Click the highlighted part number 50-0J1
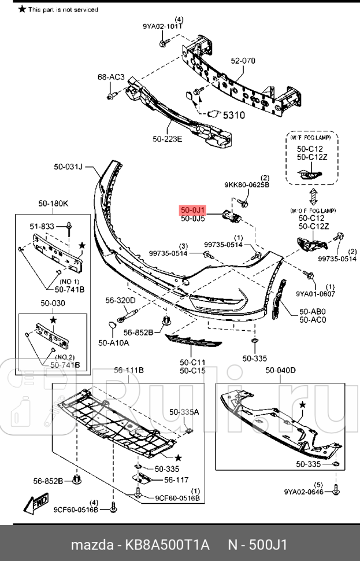coord(192,210)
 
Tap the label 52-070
coord(243,61)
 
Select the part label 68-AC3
coord(111,77)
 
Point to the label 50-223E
coord(167,138)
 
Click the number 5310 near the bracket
coord(233,115)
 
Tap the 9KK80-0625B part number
coord(247,185)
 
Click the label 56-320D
coord(120,300)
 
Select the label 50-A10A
coord(113,343)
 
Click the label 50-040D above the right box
coord(280,370)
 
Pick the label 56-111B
coord(128,370)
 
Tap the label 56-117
coord(176,479)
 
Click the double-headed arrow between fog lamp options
coord(313,197)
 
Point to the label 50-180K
coord(53,204)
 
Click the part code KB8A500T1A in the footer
coord(165,545)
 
